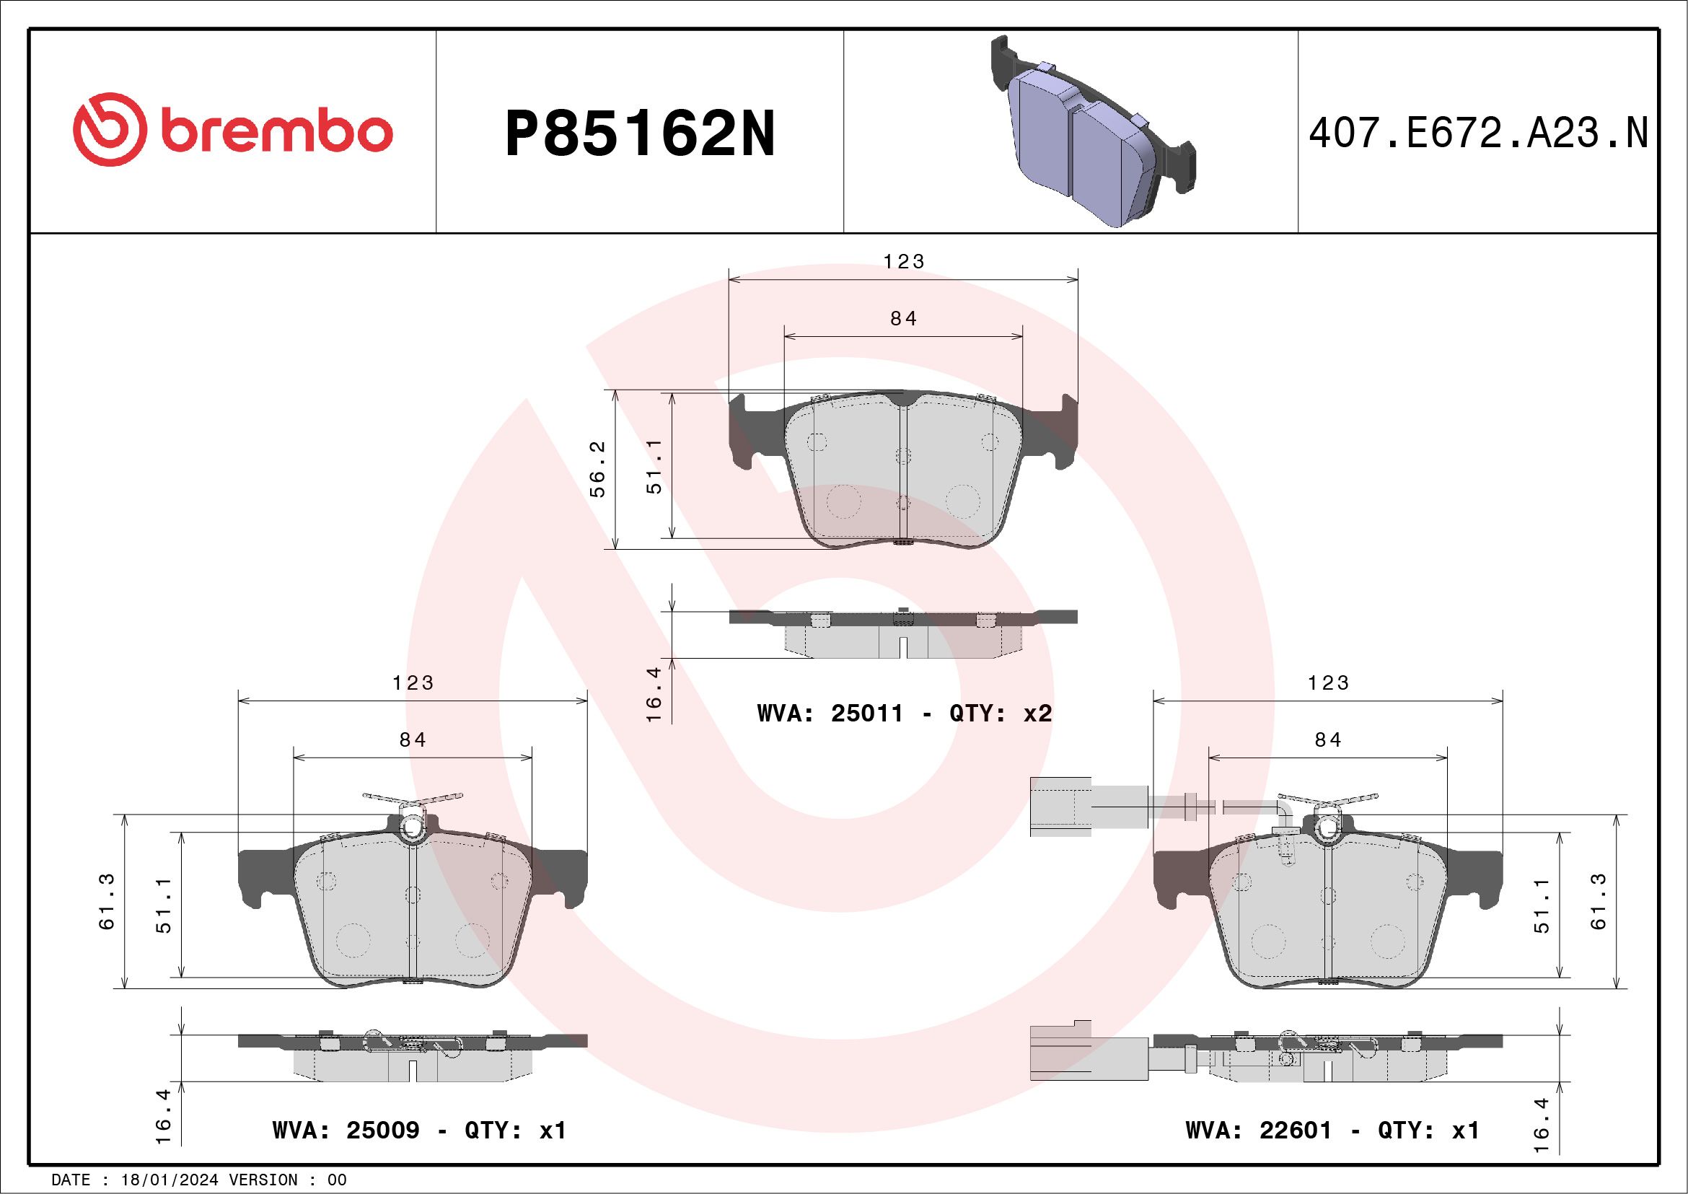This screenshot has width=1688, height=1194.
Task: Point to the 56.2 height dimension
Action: point(599,469)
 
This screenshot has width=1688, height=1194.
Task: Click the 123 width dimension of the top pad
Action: point(904,262)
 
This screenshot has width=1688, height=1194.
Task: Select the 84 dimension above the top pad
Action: point(904,318)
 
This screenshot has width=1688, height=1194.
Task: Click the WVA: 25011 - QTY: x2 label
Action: point(905,714)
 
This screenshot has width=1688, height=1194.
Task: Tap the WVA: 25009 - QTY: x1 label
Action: point(419,1130)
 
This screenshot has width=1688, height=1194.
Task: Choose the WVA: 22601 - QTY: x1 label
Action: point(1332,1130)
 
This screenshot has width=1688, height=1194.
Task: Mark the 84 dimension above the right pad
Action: point(1328,739)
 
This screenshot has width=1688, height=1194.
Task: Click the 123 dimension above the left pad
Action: point(413,683)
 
